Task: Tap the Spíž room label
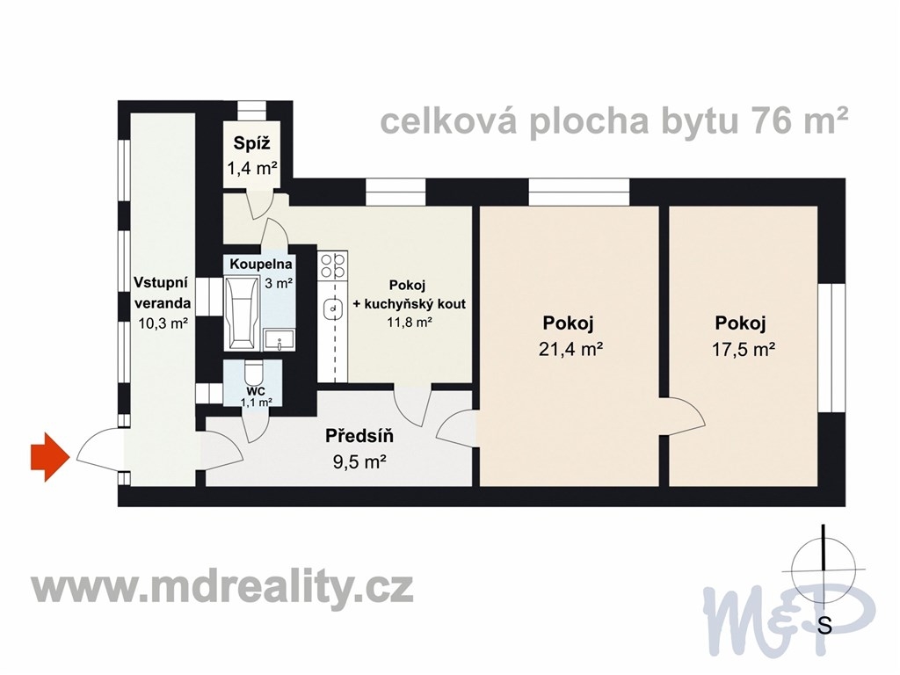[x=251, y=143]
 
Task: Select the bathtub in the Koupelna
[x=241, y=314]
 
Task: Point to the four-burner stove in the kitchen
[x=333, y=265]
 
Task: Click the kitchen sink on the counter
[x=333, y=309]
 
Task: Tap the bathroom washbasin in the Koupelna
[x=279, y=339]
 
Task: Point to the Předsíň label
[x=359, y=436]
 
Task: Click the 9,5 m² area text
[x=359, y=461]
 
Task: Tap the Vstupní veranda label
[x=162, y=292]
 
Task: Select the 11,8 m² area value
[x=410, y=322]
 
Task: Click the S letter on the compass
[x=824, y=625]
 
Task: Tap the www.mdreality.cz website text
[x=222, y=588]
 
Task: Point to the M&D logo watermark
[x=790, y=613]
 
